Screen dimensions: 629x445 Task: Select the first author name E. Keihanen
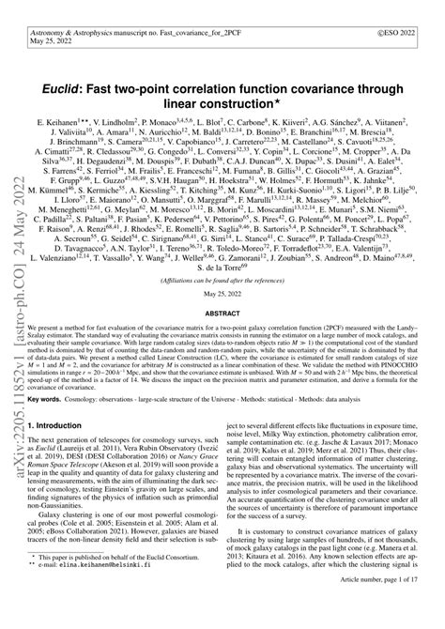[76, 97]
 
